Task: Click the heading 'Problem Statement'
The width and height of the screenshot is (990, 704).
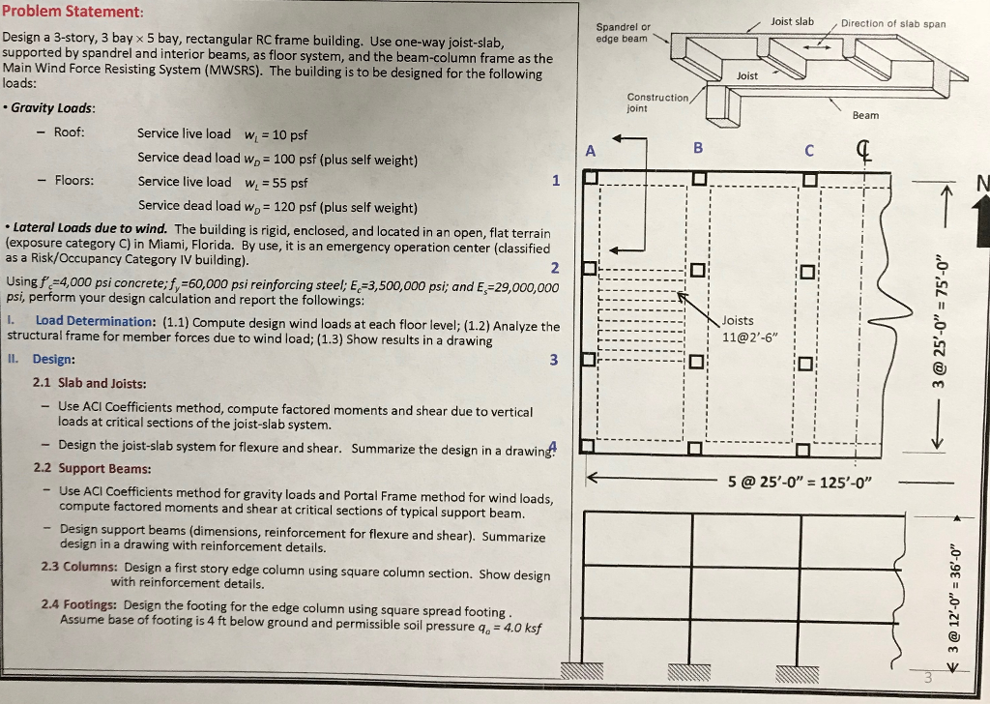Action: click(73, 11)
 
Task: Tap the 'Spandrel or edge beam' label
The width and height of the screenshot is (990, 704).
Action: click(624, 33)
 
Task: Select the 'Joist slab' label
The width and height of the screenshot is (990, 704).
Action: click(792, 21)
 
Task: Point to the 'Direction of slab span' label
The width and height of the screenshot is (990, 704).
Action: click(893, 24)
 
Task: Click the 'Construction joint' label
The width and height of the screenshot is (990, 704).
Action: click(657, 103)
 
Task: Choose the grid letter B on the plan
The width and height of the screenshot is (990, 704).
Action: click(699, 148)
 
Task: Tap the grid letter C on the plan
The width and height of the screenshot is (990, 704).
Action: click(810, 150)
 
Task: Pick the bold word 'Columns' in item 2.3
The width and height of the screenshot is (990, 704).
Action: click(93, 567)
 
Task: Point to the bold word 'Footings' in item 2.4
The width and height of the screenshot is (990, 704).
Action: click(94, 604)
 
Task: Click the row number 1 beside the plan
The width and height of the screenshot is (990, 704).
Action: click(555, 180)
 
